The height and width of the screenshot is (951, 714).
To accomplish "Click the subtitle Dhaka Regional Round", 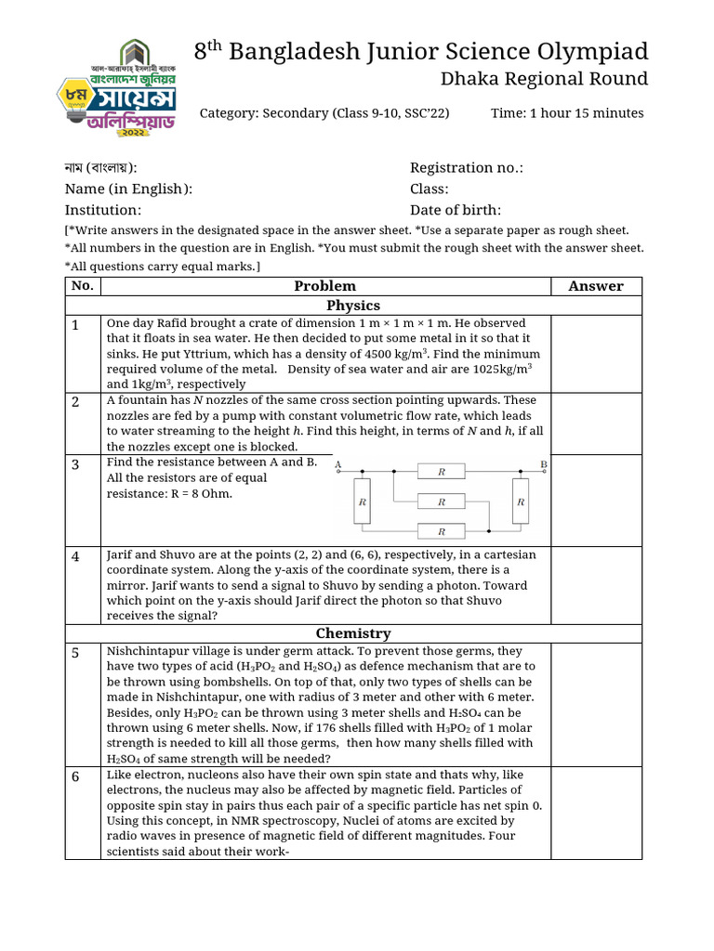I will [543, 79].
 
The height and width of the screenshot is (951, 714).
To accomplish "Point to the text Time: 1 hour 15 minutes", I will [567, 113].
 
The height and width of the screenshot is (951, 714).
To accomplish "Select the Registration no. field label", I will [466, 167].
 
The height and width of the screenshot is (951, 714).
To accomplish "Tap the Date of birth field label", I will [456, 210].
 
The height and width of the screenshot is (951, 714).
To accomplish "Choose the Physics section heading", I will [353, 305].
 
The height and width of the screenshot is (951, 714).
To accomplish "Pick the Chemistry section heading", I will [353, 633].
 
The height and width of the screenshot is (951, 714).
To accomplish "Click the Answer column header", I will [596, 286].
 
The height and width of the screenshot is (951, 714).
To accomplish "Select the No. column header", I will [82, 286].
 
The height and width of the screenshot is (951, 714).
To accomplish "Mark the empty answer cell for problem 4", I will [596, 585].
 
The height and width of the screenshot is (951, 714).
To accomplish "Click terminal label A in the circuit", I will [337, 464].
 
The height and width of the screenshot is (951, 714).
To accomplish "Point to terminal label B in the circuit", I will [543, 463].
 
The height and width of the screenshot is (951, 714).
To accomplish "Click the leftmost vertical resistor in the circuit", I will [363, 502].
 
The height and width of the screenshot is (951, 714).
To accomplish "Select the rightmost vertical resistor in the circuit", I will [521, 502].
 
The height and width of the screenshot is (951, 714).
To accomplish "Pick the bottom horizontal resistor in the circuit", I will [442, 532].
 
